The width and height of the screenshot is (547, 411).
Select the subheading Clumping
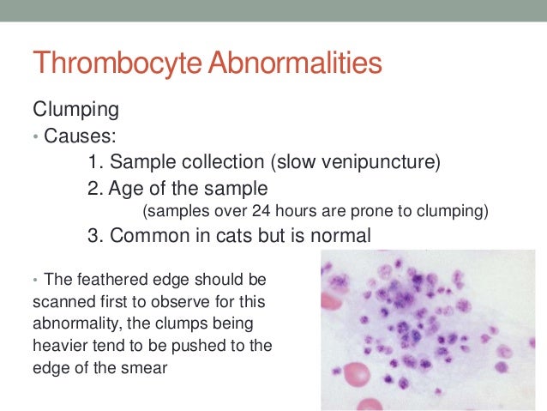coord(75,111)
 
